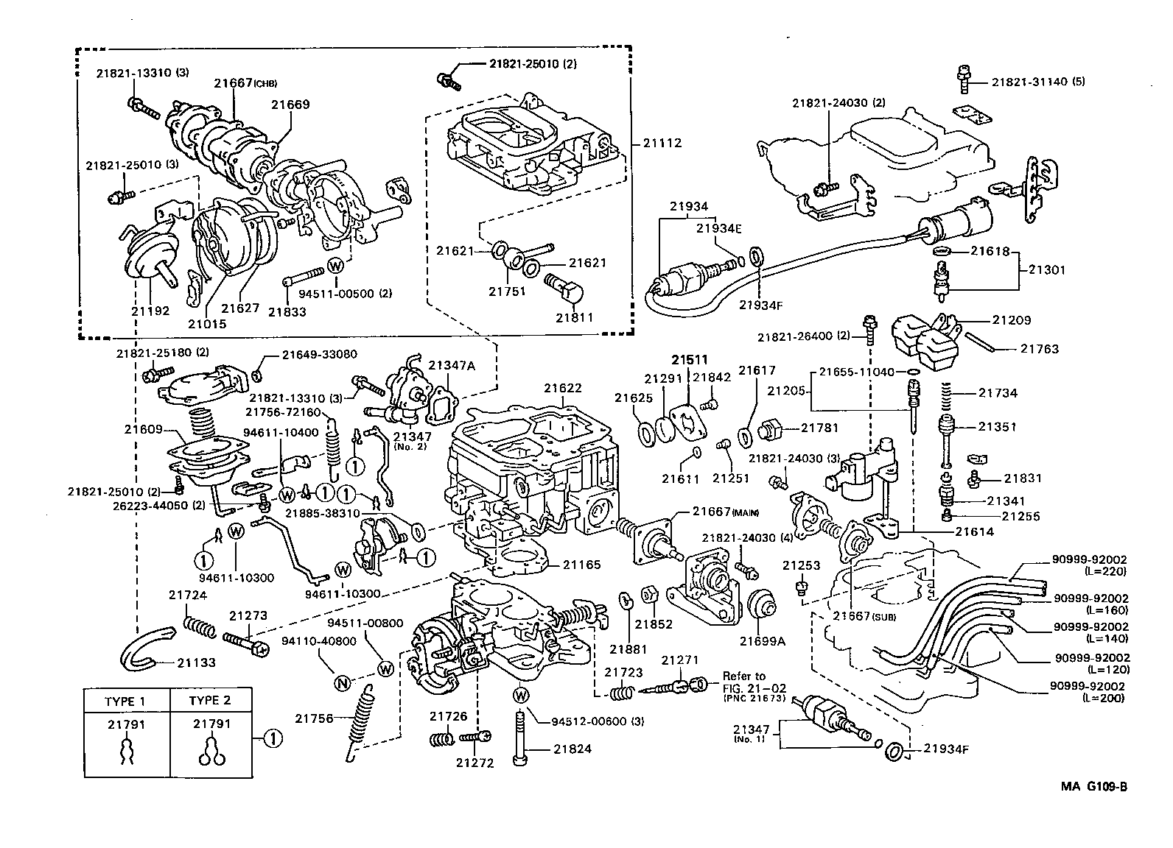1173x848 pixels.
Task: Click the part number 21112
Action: [x=662, y=143]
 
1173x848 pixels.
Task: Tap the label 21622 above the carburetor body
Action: [x=563, y=388]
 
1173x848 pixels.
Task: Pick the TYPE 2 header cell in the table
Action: [x=210, y=700]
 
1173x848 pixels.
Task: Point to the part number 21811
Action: [x=575, y=317]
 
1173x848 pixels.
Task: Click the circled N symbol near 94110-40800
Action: [x=341, y=683]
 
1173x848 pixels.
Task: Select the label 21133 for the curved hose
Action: [x=196, y=662]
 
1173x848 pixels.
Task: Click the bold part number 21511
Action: [x=689, y=360]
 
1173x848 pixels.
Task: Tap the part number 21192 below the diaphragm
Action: [x=151, y=310]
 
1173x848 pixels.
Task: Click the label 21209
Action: [x=1011, y=320]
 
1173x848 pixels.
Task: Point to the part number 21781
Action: [x=819, y=427]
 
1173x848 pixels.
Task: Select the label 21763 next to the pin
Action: [x=1039, y=349]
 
